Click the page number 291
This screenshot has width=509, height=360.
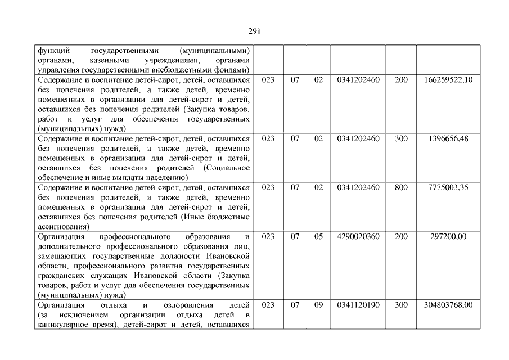tap(254, 31)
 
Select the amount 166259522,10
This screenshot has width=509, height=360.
tap(448, 80)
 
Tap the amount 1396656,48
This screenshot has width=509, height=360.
tap(448, 138)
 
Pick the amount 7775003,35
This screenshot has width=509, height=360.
tap(448, 187)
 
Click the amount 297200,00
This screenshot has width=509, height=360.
tap(448, 237)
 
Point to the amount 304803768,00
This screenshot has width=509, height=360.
tap(448, 305)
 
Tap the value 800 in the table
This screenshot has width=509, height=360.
tap(401, 187)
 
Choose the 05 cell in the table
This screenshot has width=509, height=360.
tap(318, 237)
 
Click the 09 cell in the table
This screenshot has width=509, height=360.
tap(318, 305)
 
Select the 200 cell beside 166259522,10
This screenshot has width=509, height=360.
tap(401, 80)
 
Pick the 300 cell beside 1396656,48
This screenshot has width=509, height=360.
tap(401, 138)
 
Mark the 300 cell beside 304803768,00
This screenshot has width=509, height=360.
tap(401, 305)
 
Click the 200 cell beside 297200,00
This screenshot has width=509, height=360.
tap(401, 237)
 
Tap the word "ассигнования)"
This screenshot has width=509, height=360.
tap(61, 227)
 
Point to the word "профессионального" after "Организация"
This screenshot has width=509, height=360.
tap(131, 237)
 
